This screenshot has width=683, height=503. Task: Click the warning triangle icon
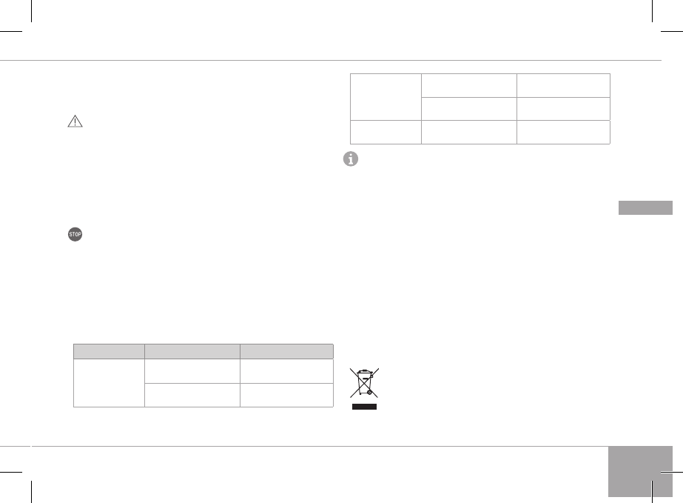[75, 122]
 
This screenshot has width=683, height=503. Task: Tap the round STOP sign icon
[75, 235]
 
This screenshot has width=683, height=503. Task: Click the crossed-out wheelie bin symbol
[364, 384]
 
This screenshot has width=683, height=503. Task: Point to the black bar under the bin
[365, 407]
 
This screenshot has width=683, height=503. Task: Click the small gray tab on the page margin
[645, 207]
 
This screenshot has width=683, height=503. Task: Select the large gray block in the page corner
[641, 471]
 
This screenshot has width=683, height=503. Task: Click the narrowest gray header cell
[108, 351]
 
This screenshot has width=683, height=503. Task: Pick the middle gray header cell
[192, 351]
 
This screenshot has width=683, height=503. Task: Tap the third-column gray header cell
[286, 351]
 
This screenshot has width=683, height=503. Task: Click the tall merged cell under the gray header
[108, 382]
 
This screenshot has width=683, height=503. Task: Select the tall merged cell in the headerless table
[385, 96]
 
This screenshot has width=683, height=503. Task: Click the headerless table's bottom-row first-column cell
[385, 132]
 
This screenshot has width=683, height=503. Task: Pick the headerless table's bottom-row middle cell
[468, 132]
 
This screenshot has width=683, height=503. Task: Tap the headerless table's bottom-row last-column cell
[563, 132]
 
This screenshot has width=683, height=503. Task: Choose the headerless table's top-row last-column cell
[563, 85]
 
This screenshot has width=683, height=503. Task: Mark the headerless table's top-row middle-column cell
[468, 85]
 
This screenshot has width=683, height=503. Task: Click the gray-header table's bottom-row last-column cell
[286, 395]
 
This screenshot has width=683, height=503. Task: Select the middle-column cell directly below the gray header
[192, 370]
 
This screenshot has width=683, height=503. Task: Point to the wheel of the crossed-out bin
[370, 395]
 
